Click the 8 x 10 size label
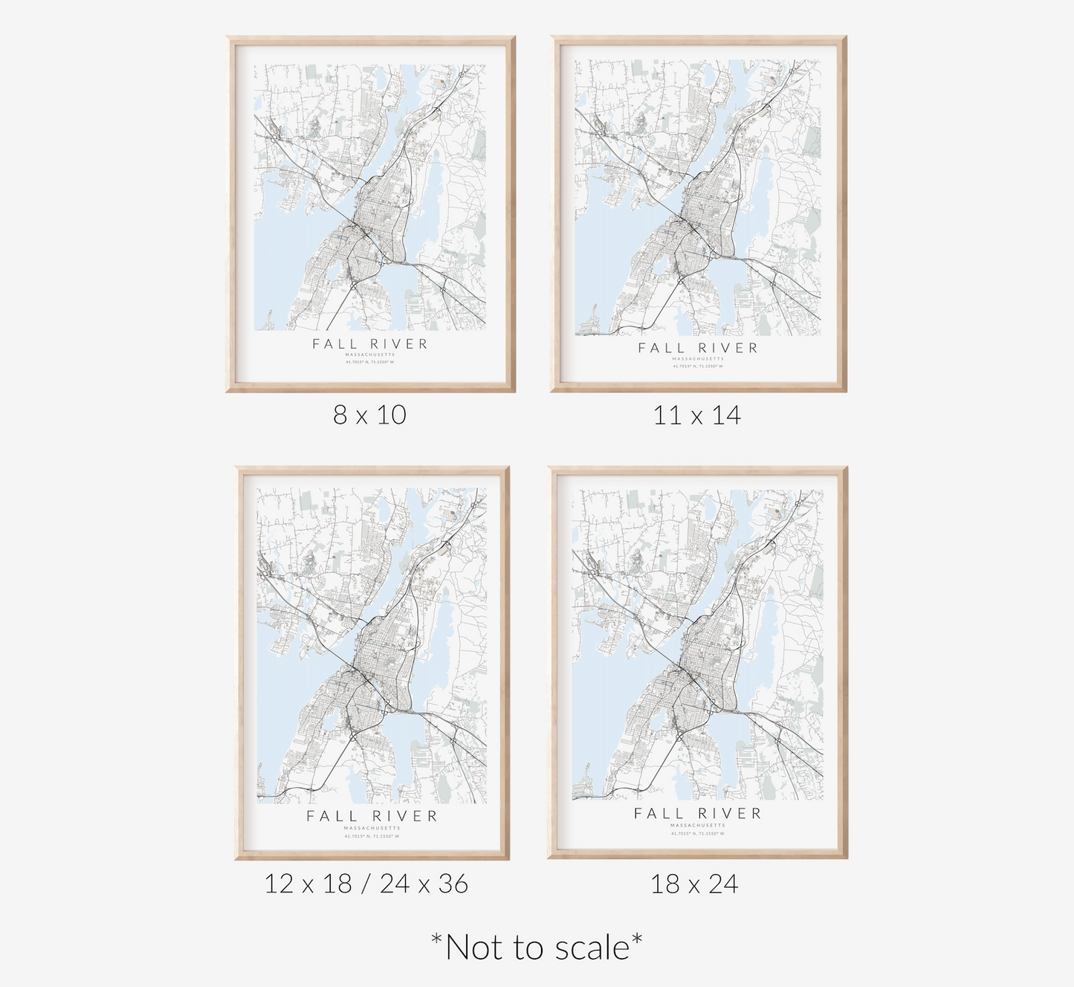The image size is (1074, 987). (x=369, y=415)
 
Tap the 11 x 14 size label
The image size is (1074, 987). (x=696, y=415)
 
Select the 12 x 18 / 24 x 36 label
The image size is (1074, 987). (x=366, y=884)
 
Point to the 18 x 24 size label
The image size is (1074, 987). (x=694, y=884)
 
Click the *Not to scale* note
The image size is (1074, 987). (x=537, y=948)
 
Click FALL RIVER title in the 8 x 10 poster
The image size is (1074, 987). (x=370, y=344)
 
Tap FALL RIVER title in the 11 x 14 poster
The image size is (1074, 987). (x=698, y=348)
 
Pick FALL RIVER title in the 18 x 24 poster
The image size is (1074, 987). (x=697, y=814)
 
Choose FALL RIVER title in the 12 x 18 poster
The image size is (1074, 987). (x=372, y=816)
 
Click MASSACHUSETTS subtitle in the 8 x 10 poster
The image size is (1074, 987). (x=370, y=355)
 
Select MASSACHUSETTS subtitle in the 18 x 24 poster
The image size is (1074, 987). (x=697, y=826)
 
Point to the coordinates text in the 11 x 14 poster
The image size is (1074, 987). (x=698, y=366)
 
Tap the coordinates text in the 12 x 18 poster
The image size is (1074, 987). (x=372, y=836)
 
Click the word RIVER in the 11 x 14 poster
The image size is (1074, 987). (x=728, y=348)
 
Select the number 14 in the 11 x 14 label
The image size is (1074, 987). (x=726, y=415)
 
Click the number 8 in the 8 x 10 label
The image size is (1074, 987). (x=340, y=415)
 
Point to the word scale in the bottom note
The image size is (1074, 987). (x=592, y=948)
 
